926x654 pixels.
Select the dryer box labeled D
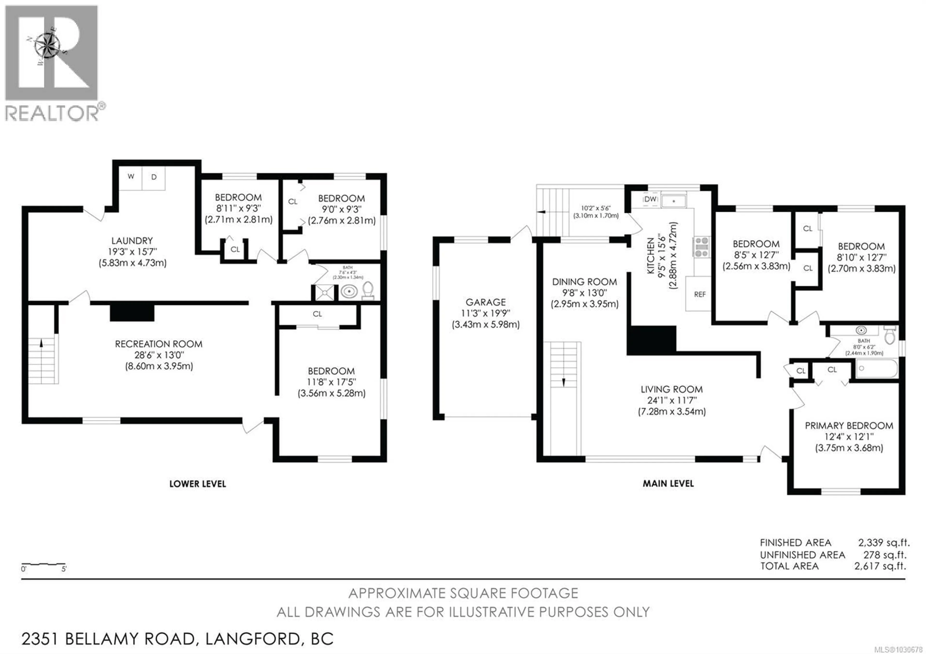(154, 177)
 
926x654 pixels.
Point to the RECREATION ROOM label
(158, 344)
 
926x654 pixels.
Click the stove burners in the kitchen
(701, 247)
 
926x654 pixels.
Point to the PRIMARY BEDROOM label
(849, 426)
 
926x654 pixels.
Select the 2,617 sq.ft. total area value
(880, 566)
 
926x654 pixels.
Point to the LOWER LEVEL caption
(198, 484)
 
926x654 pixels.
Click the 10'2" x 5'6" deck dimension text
(596, 208)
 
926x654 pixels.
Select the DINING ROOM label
(584, 282)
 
